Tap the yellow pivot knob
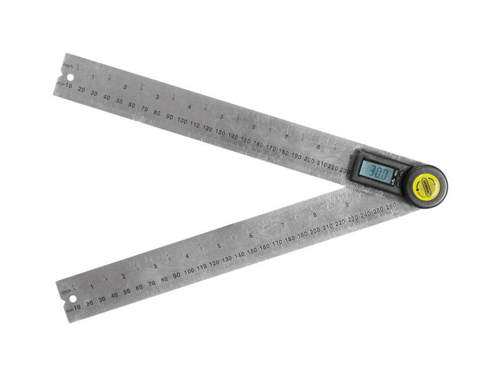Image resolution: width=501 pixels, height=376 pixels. pyautogui.click(x=426, y=184)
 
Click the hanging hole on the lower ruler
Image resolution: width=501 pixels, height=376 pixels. pyautogui.click(x=70, y=297)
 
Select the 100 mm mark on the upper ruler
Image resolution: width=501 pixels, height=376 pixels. pyautogui.click(x=182, y=120)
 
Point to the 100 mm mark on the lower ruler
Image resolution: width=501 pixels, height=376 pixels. pyautogui.click(x=189, y=271)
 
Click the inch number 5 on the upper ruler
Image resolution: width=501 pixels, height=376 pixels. pyautogui.click(x=221, y=117)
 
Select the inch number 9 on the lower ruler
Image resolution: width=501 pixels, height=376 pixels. pyautogui.click(x=346, y=206)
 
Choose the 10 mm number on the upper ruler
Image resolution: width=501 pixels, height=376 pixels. pyautogui.click(x=68, y=85)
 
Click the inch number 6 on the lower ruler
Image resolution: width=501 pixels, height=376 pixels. pyautogui.click(x=250, y=236)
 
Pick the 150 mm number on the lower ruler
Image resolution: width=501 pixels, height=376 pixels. pyautogui.click(x=252, y=250)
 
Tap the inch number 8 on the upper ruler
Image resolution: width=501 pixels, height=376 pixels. pyautogui.click(x=318, y=147)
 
